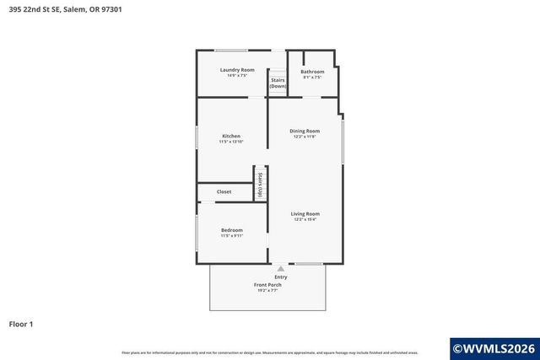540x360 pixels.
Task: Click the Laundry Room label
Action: pos(237,69)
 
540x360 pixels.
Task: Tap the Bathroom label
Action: pos(312,72)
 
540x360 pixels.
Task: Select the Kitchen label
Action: pos(231,136)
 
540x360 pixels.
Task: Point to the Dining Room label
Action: pos(305,131)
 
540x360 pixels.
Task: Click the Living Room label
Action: pos(305,213)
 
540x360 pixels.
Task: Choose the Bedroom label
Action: pos(232,230)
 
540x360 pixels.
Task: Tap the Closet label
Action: pos(224,191)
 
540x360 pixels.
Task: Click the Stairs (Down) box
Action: pos(278,83)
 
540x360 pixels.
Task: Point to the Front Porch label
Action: pos(267,285)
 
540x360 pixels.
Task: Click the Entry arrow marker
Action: pos(280,268)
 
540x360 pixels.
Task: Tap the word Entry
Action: pos(280,277)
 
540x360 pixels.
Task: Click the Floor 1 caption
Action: pos(20,324)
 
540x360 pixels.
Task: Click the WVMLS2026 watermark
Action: pos(494,347)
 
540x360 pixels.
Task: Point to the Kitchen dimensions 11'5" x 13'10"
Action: pos(231,142)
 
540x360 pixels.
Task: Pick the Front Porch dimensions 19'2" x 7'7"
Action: pos(267,291)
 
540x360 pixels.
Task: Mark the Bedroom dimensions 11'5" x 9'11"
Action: pos(232,236)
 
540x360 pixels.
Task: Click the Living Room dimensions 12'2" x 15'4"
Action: pos(305,219)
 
